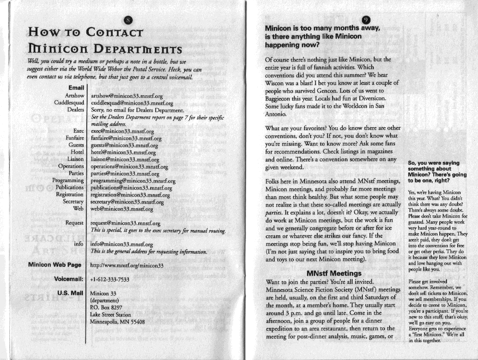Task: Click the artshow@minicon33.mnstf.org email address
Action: (x=128, y=96)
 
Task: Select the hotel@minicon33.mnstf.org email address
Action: (x=124, y=152)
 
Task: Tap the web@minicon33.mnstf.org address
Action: (x=122, y=209)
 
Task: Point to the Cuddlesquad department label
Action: (x=69, y=103)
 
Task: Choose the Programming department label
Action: (x=68, y=180)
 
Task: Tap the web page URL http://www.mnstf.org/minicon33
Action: (x=127, y=265)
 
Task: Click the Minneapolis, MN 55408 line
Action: (x=118, y=321)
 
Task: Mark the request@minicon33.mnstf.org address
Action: (x=126, y=223)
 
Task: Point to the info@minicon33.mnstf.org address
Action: (x=122, y=244)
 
